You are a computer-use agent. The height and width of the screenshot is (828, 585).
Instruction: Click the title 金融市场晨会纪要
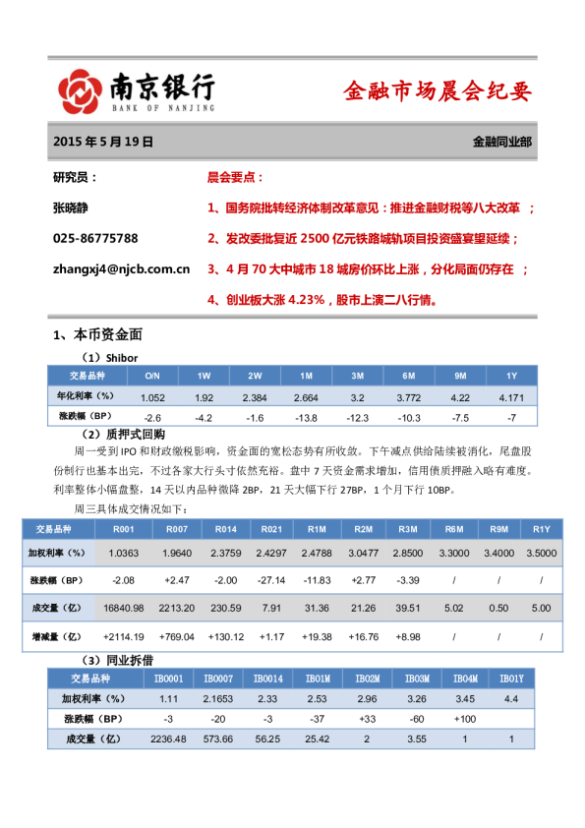(438, 92)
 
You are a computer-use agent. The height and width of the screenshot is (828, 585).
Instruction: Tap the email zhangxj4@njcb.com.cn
(121, 267)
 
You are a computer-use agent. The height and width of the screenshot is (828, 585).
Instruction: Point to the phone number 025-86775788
(95, 238)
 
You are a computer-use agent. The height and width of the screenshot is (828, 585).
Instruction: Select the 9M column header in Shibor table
(460, 376)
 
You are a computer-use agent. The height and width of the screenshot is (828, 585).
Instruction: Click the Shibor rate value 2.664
(306, 397)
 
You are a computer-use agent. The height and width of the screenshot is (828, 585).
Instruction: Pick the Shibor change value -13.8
(306, 418)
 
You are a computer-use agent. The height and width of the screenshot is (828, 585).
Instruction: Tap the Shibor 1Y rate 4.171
(511, 397)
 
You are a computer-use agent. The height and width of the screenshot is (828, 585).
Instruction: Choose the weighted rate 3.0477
(363, 555)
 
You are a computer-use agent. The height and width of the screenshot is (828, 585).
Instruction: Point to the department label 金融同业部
(502, 142)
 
